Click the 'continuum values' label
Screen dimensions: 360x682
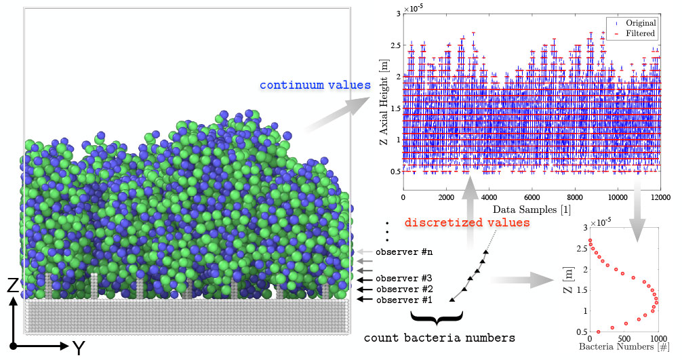click(315, 85)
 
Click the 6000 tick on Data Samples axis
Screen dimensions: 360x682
click(531, 197)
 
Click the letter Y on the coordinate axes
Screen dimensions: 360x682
click(79, 347)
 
